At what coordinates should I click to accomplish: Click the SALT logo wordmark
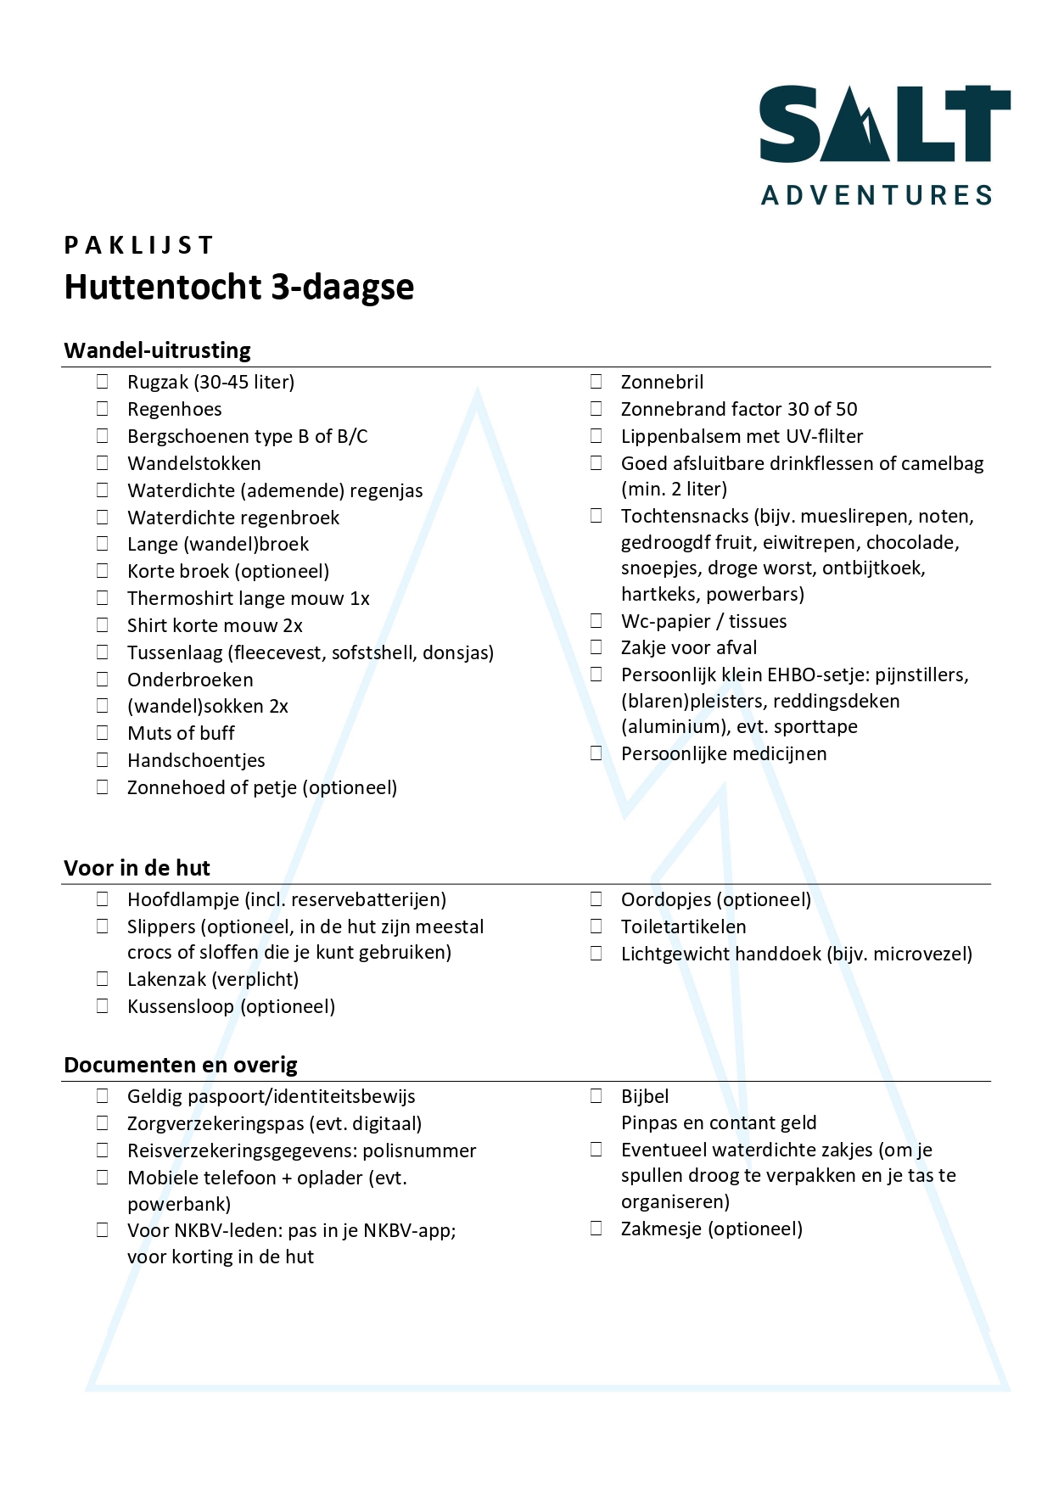[x=883, y=124]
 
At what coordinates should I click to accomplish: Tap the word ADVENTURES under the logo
[x=877, y=196]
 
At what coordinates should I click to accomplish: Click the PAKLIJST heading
[x=138, y=245]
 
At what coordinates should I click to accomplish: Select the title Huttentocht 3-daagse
[x=238, y=287]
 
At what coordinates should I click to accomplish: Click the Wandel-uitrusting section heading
[x=157, y=350]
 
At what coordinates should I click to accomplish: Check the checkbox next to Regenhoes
[x=103, y=409]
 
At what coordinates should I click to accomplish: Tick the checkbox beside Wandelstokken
[x=103, y=463]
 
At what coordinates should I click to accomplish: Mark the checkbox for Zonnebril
[x=597, y=382]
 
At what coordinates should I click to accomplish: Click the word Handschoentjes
[x=196, y=760]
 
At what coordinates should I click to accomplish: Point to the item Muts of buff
[x=181, y=733]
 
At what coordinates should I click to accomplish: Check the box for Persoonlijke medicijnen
[x=597, y=753]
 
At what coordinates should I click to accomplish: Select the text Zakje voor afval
[x=688, y=648]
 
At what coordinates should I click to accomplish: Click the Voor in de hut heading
[x=137, y=868]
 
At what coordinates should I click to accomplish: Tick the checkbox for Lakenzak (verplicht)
[x=103, y=979]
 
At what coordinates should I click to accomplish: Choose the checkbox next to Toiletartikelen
[x=597, y=926]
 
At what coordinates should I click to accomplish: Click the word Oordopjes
[x=666, y=899]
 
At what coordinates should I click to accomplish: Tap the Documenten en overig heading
[x=180, y=1065]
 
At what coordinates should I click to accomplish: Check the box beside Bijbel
[x=597, y=1096]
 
